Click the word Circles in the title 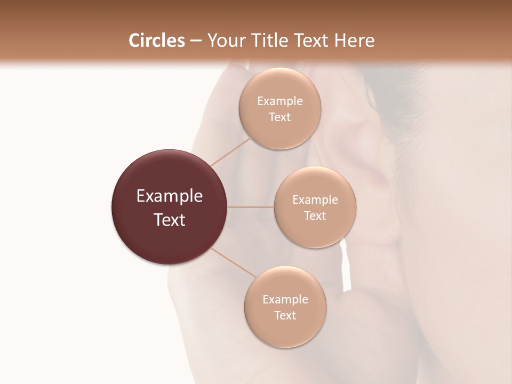coord(156,41)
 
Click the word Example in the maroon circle coord(170,196)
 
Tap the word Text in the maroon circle coord(170,220)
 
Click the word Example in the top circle coord(280,101)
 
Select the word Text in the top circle coord(280,117)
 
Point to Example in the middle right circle coord(315,200)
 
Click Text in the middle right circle coord(315,216)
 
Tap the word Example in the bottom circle coord(285,300)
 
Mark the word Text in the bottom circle coord(285,316)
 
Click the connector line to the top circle coord(230,151)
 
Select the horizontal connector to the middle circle coord(251,207)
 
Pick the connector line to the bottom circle coord(233,262)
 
